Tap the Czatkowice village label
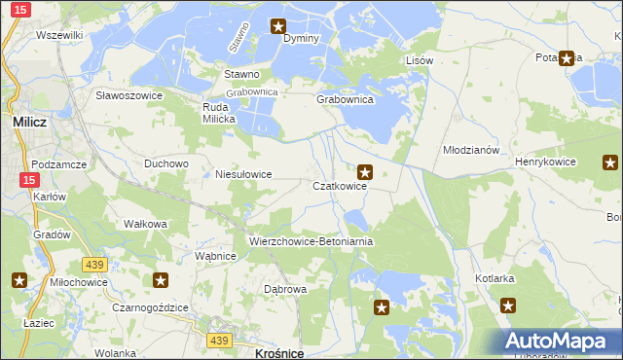coord(339,186)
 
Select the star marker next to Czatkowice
coord(365,172)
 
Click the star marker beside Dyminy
coord(278,27)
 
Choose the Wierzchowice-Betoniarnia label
coord(311,240)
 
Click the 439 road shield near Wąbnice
coord(93,265)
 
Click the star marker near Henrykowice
coord(610,162)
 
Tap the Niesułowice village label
coord(242,174)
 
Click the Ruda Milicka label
coord(219,112)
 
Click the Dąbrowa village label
coord(286,289)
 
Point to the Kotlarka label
coord(495,278)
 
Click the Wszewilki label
coord(58,35)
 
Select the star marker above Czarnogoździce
coord(161,281)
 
